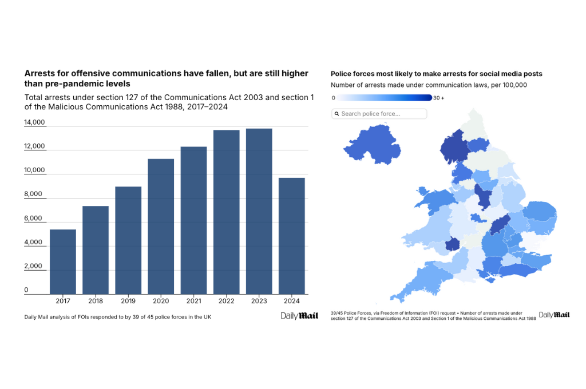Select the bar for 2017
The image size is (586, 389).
(63, 261)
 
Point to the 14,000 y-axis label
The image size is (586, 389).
(34, 122)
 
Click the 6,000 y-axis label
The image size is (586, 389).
(34, 219)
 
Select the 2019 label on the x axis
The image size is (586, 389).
(128, 301)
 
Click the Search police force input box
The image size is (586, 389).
(380, 114)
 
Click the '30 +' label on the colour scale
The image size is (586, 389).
(438, 98)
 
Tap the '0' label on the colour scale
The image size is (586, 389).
(334, 98)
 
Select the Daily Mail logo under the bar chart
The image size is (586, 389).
(295, 316)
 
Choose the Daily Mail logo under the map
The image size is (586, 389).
(554, 315)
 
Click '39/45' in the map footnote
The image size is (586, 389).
(338, 313)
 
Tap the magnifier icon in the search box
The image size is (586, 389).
(336, 114)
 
